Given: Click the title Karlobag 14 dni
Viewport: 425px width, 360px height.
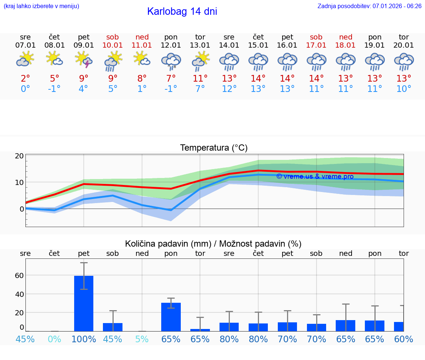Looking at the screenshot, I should tap(182, 11).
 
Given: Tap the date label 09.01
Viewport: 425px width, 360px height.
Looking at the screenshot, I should tap(84, 45).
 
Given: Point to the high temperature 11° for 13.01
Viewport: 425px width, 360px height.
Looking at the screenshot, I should tap(200, 78).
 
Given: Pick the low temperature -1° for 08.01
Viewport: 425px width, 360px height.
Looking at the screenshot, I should tap(55, 89).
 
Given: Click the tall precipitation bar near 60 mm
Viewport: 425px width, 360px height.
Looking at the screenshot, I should tap(84, 303).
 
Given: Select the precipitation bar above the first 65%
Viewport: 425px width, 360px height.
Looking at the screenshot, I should tap(171, 317).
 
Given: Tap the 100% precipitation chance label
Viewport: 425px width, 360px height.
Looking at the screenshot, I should tap(84, 339).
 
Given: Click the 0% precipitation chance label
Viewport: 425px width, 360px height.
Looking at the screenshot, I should tap(55, 339).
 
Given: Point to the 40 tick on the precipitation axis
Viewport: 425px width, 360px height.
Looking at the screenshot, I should tap(19, 294).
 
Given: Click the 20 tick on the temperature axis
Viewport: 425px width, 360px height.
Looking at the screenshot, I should tap(19, 156).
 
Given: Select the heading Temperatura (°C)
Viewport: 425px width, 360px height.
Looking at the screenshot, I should tap(214, 148).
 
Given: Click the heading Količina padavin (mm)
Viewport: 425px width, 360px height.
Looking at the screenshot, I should tap(213, 244).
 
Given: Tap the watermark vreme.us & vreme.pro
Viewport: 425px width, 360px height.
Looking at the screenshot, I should tap(315, 176).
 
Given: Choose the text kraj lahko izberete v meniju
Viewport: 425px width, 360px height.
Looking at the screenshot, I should tap(41, 6).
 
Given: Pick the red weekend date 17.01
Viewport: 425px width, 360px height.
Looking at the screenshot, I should tap(316, 45).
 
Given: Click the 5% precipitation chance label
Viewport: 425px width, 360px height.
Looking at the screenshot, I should tap(142, 339).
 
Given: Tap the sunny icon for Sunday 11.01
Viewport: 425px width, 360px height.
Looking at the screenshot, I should tap(142, 59).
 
